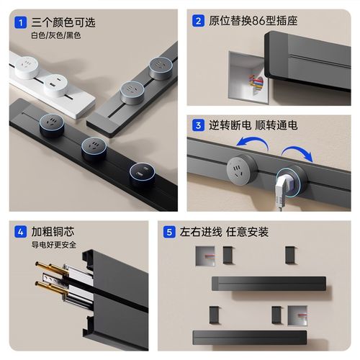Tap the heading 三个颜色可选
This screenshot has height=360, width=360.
click(x=63, y=22)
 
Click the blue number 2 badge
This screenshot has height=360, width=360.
click(x=197, y=22)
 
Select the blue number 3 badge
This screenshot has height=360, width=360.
click(x=197, y=125)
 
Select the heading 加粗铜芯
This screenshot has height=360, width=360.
click(x=54, y=232)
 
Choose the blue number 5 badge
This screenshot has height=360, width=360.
click(x=168, y=232)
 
